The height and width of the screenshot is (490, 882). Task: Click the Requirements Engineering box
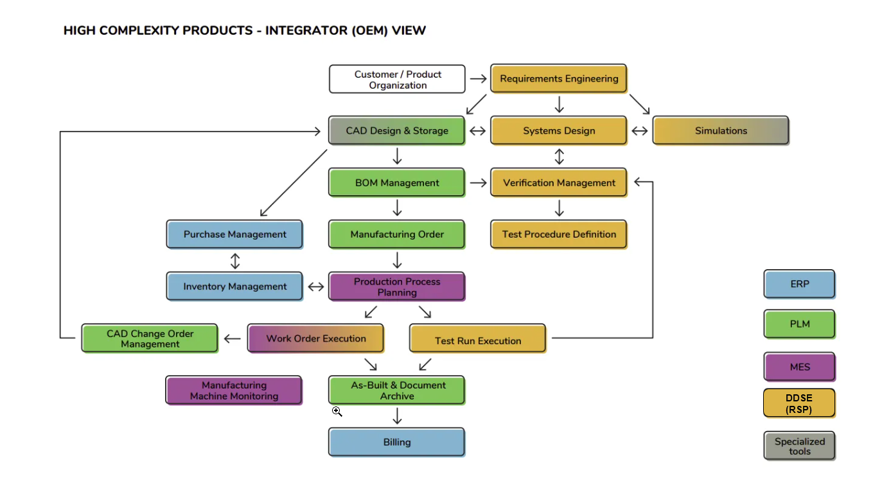click(558, 79)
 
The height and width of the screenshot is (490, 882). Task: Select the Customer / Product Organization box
click(397, 79)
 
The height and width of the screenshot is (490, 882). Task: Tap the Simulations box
click(720, 130)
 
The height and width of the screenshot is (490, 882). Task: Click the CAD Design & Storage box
click(396, 130)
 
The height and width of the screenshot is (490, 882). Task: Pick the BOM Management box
click(396, 182)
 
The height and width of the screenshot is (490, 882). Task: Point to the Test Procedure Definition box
click(558, 234)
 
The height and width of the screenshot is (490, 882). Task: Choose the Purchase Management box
click(234, 234)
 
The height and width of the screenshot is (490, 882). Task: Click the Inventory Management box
click(234, 286)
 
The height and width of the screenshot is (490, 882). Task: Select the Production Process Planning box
click(396, 286)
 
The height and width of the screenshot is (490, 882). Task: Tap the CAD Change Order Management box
click(150, 338)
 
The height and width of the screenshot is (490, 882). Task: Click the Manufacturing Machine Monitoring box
click(234, 390)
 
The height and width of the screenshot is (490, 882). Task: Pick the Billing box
click(396, 442)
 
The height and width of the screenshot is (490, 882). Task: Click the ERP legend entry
click(799, 284)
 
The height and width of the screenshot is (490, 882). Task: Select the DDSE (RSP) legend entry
click(799, 403)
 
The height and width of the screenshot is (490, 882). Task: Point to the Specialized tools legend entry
click(799, 446)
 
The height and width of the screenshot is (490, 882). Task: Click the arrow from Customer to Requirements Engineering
click(478, 79)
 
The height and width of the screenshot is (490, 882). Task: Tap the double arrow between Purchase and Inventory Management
click(235, 261)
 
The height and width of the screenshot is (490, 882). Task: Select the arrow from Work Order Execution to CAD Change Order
click(233, 339)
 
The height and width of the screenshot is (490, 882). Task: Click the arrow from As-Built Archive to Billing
click(397, 417)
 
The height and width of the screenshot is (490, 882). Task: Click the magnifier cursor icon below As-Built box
click(337, 411)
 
